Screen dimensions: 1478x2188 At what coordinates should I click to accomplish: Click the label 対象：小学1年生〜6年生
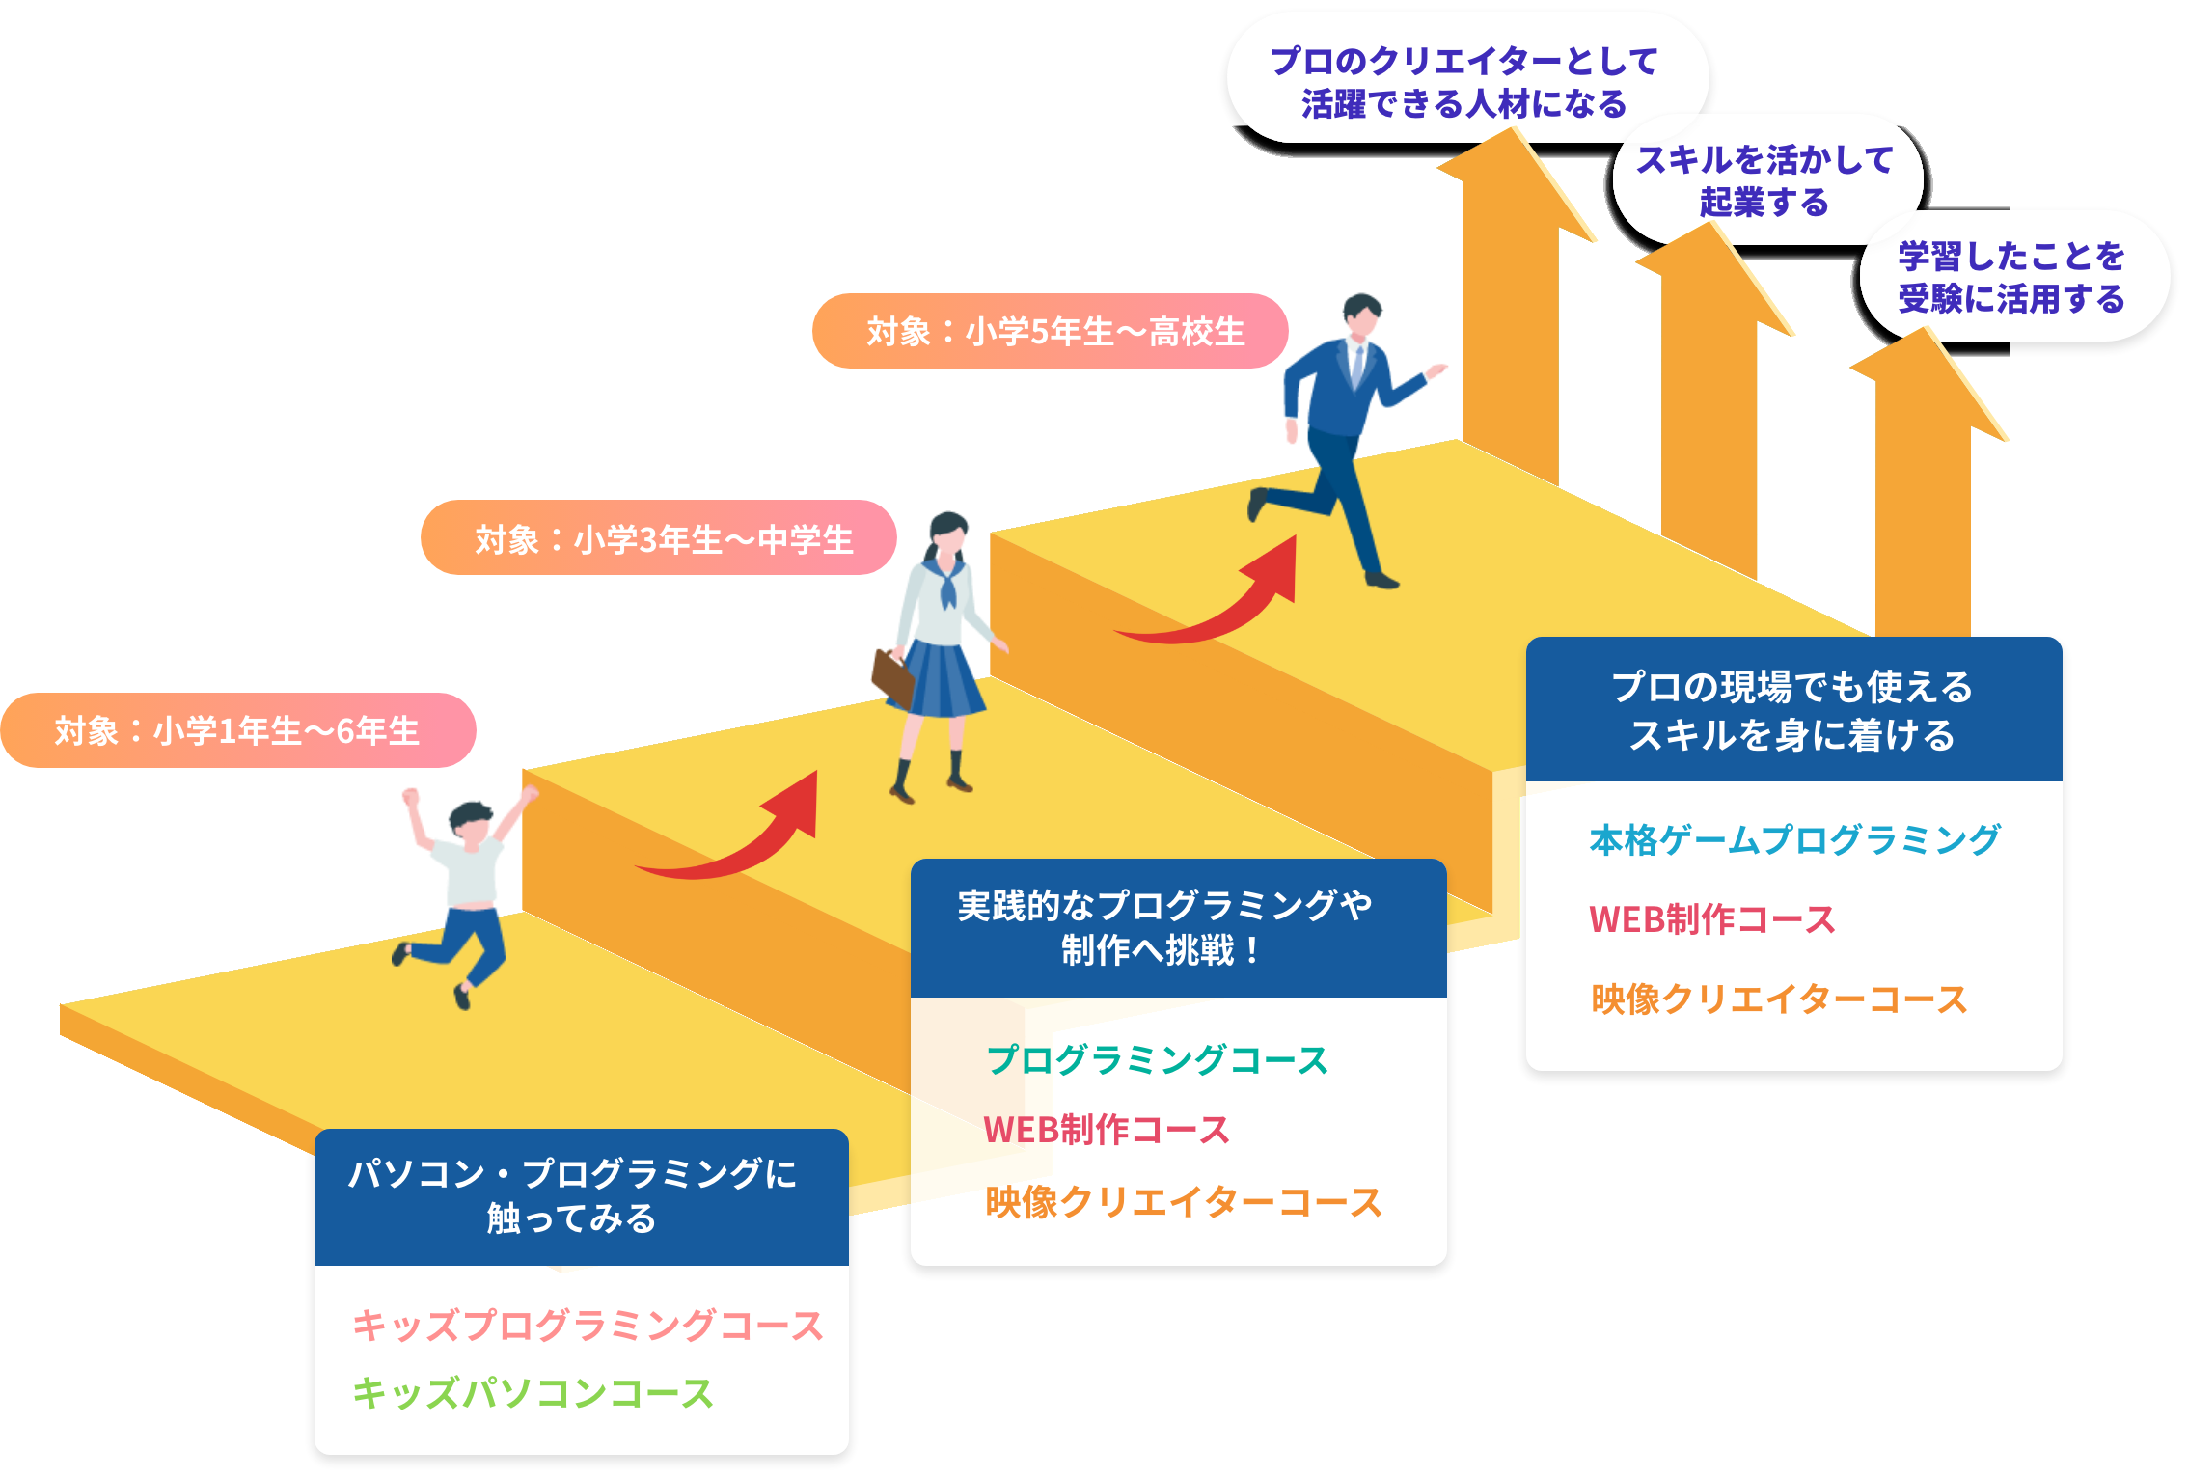pos(237,731)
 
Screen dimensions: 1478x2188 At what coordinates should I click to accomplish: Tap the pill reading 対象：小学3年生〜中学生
pos(664,539)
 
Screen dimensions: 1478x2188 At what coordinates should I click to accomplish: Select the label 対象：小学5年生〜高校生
pos(1054,332)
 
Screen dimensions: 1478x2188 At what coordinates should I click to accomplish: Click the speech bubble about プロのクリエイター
pos(1463,82)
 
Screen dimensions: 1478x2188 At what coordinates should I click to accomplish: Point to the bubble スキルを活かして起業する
pos(1764,180)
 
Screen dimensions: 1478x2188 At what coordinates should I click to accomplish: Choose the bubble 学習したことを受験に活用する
pos(2011,278)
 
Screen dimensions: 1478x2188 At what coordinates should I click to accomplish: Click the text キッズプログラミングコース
pos(588,1326)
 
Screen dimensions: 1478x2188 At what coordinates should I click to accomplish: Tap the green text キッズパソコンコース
pos(533,1393)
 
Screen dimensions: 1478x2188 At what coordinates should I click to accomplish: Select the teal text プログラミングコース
pos(1157,1059)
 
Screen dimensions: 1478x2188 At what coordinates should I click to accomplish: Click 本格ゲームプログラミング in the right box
pos(1794,839)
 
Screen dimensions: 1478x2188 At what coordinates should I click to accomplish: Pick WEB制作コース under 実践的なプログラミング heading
pos(1106,1130)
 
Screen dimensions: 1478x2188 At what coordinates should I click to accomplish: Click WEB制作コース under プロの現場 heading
pos(1711,919)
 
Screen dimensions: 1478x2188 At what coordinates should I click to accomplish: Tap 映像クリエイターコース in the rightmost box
pos(1779,999)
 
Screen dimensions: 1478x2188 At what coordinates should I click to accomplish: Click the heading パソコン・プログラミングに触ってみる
pos(573,1196)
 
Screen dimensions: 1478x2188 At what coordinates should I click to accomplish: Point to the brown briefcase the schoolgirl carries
pos(891,674)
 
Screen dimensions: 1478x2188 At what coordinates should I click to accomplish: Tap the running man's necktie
pos(1357,366)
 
